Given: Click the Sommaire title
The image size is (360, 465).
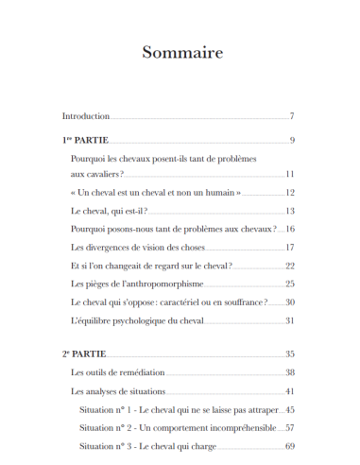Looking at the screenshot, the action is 182,52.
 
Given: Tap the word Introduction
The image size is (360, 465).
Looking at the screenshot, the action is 86,116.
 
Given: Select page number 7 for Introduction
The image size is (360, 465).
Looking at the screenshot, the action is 293,116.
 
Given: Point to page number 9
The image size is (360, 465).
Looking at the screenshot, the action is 293,141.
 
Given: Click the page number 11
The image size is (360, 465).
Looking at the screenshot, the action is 290,175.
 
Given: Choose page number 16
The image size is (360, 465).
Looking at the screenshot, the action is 290,229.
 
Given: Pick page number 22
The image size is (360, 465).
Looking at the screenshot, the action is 290,266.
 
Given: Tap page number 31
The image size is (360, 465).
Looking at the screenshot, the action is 290,320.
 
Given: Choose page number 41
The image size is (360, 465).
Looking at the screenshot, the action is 290,391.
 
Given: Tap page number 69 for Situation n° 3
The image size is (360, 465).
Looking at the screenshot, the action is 290,445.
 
